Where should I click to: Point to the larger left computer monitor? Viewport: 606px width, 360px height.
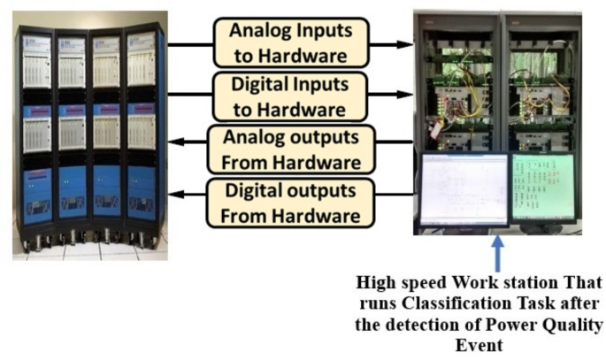click(x=464, y=188)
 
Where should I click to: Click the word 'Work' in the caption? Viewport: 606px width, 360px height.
click(x=470, y=286)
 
